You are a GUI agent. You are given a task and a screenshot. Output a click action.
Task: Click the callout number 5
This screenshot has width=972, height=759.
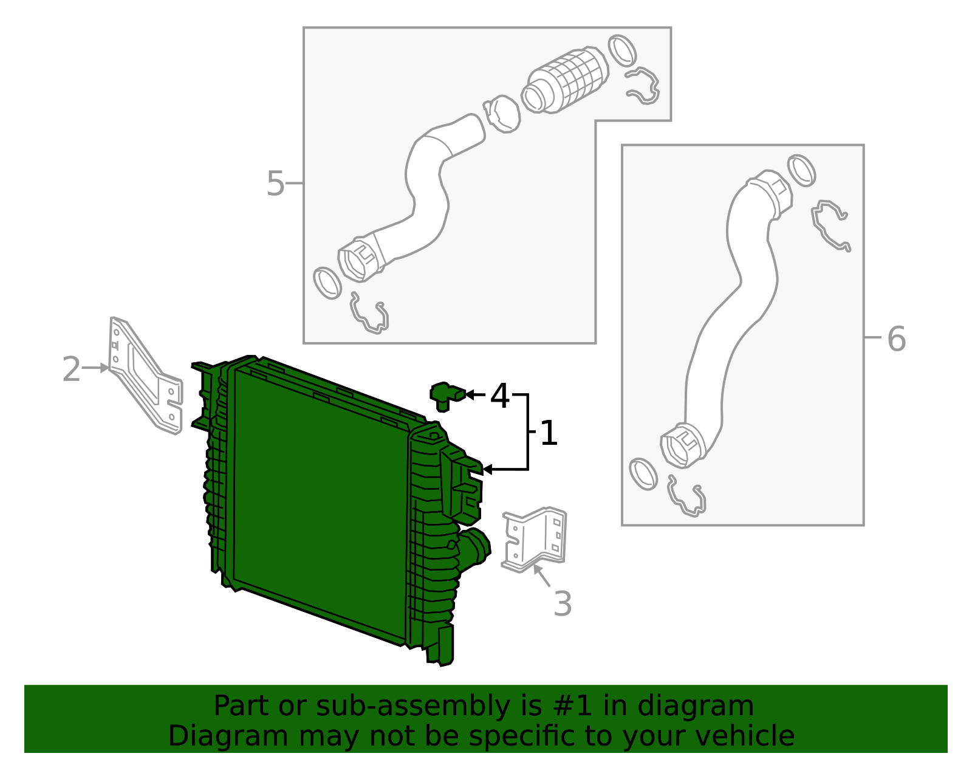(x=275, y=184)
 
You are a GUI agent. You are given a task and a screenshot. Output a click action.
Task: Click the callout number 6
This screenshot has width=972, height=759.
(x=896, y=339)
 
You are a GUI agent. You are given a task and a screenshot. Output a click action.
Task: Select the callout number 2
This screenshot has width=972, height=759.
(x=71, y=369)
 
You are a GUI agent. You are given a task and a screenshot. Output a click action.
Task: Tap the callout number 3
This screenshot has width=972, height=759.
(x=563, y=604)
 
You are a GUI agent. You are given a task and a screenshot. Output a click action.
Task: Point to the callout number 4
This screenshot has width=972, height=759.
(x=499, y=396)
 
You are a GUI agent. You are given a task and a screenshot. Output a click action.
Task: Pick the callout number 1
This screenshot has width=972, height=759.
(x=548, y=433)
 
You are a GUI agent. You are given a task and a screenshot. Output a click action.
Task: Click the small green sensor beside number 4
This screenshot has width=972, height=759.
(x=445, y=395)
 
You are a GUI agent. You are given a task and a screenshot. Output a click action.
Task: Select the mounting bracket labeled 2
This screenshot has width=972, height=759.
(x=145, y=377)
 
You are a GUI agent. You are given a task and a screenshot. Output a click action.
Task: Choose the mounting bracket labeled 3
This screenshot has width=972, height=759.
(x=535, y=538)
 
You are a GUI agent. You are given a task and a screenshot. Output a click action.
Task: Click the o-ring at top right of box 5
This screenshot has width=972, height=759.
(x=622, y=50)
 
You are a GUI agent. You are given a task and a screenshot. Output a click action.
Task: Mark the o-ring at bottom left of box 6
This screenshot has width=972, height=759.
(x=643, y=473)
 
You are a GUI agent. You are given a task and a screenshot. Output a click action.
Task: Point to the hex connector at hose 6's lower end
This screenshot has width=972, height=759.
(x=681, y=447)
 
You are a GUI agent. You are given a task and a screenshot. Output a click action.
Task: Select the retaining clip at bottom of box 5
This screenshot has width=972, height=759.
(x=369, y=315)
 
